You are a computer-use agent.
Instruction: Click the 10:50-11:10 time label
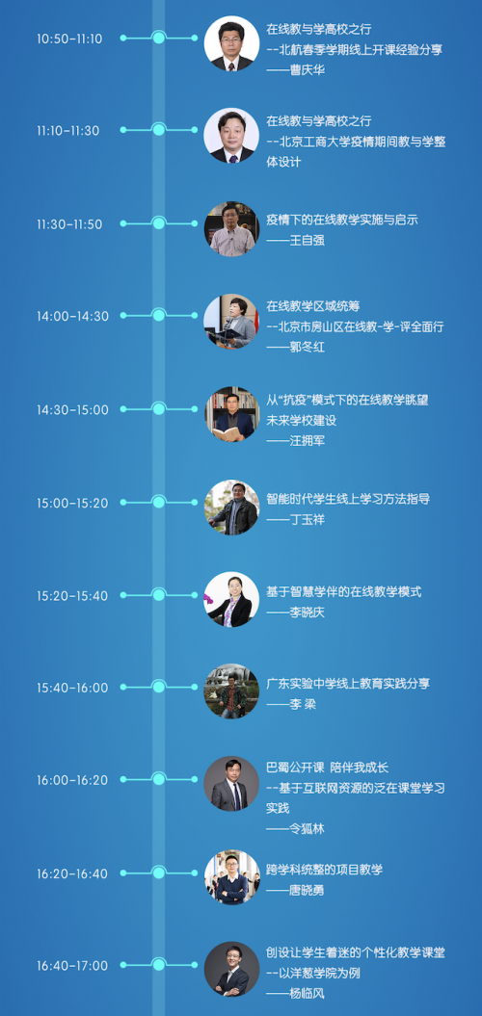coord(69,39)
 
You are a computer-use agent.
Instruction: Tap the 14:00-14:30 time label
coord(72,317)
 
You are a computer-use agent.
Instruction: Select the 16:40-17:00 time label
coord(72,966)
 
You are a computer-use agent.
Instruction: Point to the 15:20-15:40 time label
coord(72,596)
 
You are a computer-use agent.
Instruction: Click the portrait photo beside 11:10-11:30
coord(231,136)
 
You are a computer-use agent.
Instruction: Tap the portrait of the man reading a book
coord(231,415)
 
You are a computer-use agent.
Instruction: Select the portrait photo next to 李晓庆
coord(231,599)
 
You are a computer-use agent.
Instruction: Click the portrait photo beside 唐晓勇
coord(231,877)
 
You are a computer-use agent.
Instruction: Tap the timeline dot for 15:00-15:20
coord(159,502)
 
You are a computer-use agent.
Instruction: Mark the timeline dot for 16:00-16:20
coord(159,779)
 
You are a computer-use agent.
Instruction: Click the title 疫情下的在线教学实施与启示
coord(342,220)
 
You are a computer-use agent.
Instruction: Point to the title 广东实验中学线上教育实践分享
coord(348,684)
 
